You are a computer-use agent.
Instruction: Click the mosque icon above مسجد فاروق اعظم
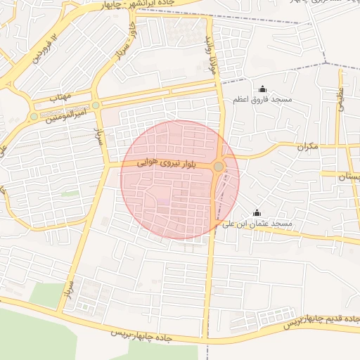coord(263,89)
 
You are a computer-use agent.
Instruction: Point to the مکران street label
coord(307,146)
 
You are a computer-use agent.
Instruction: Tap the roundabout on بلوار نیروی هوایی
coord(219,167)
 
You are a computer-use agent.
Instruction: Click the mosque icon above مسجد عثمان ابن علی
coord(257,213)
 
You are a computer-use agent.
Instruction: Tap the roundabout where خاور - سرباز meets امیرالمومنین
coord(96,105)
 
